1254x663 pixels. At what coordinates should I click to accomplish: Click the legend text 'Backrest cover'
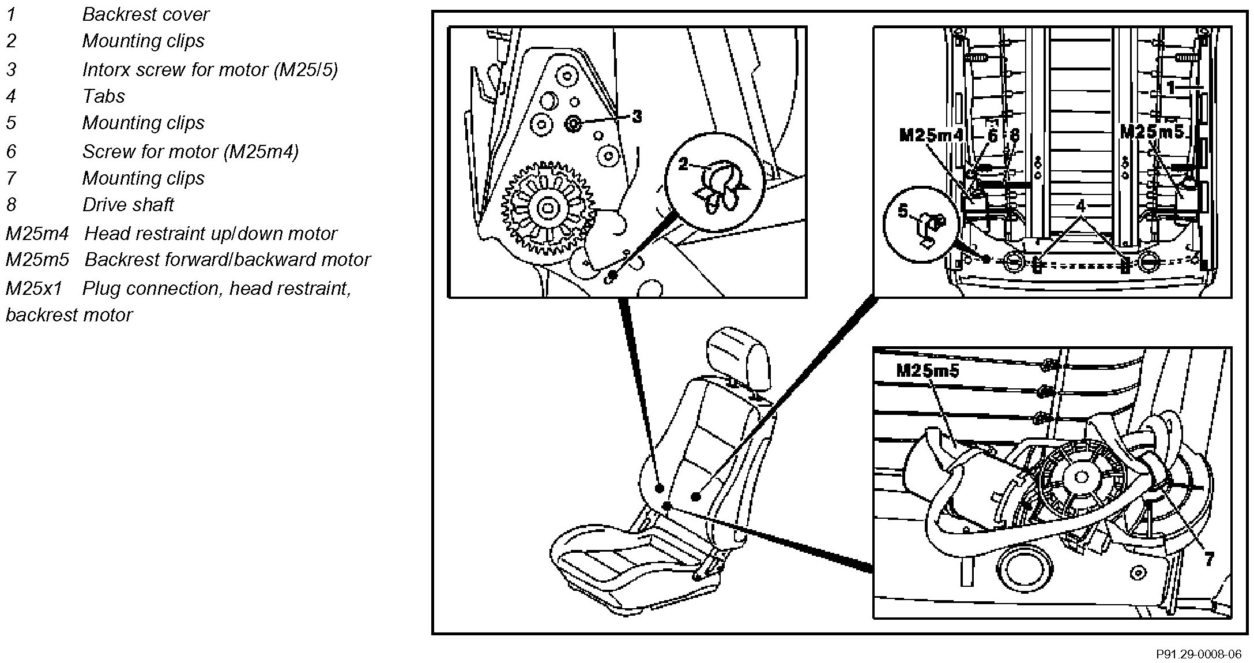coord(145,14)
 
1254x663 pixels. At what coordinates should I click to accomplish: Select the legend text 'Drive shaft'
coord(127,205)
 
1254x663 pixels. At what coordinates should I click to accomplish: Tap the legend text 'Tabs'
coord(104,96)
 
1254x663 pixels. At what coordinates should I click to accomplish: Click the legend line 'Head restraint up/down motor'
coord(210,234)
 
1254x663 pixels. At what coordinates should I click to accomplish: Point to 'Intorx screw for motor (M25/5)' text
coord(210,70)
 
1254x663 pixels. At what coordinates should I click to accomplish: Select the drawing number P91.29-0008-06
coord(1199,654)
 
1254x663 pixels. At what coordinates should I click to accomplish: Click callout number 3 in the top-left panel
coord(637,117)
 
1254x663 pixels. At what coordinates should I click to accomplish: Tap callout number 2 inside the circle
coord(683,164)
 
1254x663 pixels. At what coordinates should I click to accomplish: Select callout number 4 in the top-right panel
coord(1080,206)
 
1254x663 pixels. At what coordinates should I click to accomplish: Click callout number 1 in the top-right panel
coord(1171,88)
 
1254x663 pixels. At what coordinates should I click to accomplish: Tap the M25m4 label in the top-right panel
coord(931,136)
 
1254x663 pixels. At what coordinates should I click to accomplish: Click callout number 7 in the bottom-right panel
coord(1208,558)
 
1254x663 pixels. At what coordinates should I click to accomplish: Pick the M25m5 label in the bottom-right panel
coord(928,370)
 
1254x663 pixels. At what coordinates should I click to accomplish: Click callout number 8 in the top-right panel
coord(1015,136)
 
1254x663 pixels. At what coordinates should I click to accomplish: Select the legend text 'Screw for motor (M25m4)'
coord(190,152)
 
